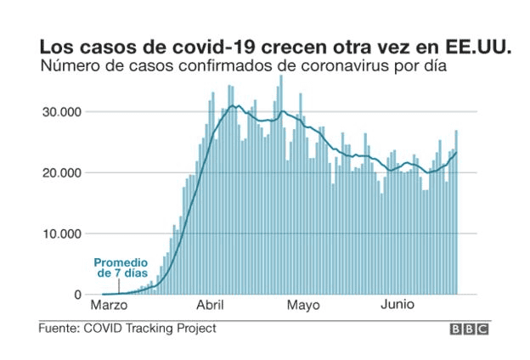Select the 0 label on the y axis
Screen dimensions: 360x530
pyautogui.click(x=76, y=295)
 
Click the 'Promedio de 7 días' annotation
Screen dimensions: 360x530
pyautogui.click(x=121, y=268)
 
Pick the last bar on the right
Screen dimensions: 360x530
pyautogui.click(x=456, y=212)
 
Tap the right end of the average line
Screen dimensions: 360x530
pyautogui.click(x=456, y=153)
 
